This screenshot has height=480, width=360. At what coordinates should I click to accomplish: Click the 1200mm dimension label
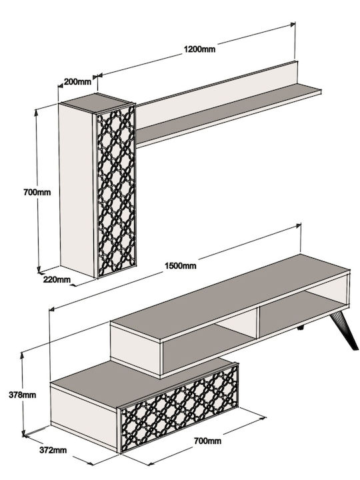click(199, 49)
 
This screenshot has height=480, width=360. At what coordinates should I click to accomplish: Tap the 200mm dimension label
click(77, 82)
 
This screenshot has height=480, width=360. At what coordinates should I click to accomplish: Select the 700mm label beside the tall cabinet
click(37, 192)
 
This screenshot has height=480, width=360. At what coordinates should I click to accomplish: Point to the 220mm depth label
click(57, 279)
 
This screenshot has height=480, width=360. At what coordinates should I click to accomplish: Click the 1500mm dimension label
click(181, 265)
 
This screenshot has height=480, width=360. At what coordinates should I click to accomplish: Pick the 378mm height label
click(23, 395)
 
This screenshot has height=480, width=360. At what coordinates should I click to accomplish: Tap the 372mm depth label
click(53, 450)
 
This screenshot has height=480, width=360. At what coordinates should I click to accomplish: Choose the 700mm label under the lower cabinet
click(207, 441)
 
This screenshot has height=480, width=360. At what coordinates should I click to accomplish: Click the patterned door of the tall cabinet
click(116, 191)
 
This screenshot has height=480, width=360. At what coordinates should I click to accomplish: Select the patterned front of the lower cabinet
click(179, 408)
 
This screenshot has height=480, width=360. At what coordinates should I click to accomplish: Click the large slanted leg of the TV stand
click(344, 331)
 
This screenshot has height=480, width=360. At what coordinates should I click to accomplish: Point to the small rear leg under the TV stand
click(301, 328)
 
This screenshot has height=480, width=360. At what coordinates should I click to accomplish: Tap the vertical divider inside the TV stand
click(258, 322)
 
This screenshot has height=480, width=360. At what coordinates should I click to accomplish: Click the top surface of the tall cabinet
click(97, 103)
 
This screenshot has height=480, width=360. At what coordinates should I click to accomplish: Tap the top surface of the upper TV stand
click(229, 296)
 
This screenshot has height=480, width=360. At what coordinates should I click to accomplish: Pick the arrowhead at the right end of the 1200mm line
click(293, 23)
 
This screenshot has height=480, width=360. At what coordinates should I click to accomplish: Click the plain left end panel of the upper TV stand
click(135, 349)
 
